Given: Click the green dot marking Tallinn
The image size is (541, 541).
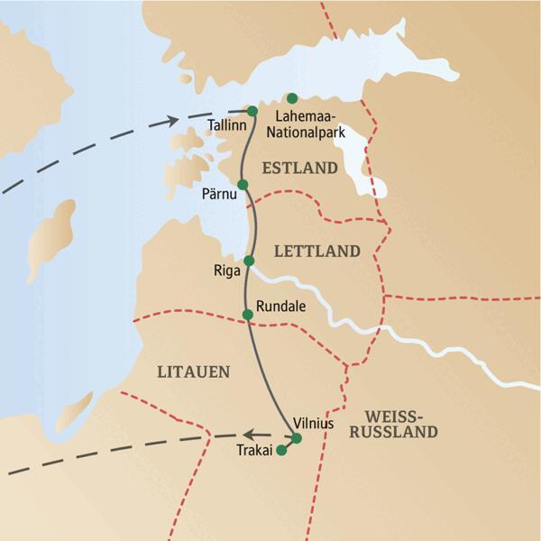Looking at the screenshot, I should (252, 111).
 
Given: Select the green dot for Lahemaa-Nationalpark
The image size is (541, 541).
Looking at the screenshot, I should (291, 98).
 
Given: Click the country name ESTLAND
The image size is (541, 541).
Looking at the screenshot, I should (299, 168).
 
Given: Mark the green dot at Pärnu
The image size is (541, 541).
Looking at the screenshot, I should (242, 184).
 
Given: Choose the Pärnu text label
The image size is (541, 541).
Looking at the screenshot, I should (220, 193).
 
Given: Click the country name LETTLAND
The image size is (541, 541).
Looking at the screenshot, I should (316, 251).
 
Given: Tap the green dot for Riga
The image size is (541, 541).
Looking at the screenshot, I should (249, 261).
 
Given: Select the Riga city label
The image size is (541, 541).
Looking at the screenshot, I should (227, 270).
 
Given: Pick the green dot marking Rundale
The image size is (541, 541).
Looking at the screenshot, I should (247, 314).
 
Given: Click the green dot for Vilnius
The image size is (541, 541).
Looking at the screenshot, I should (297, 439).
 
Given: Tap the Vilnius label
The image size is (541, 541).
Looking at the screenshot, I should (316, 422).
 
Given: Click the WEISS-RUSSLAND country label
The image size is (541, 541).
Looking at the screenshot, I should (402, 424).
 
